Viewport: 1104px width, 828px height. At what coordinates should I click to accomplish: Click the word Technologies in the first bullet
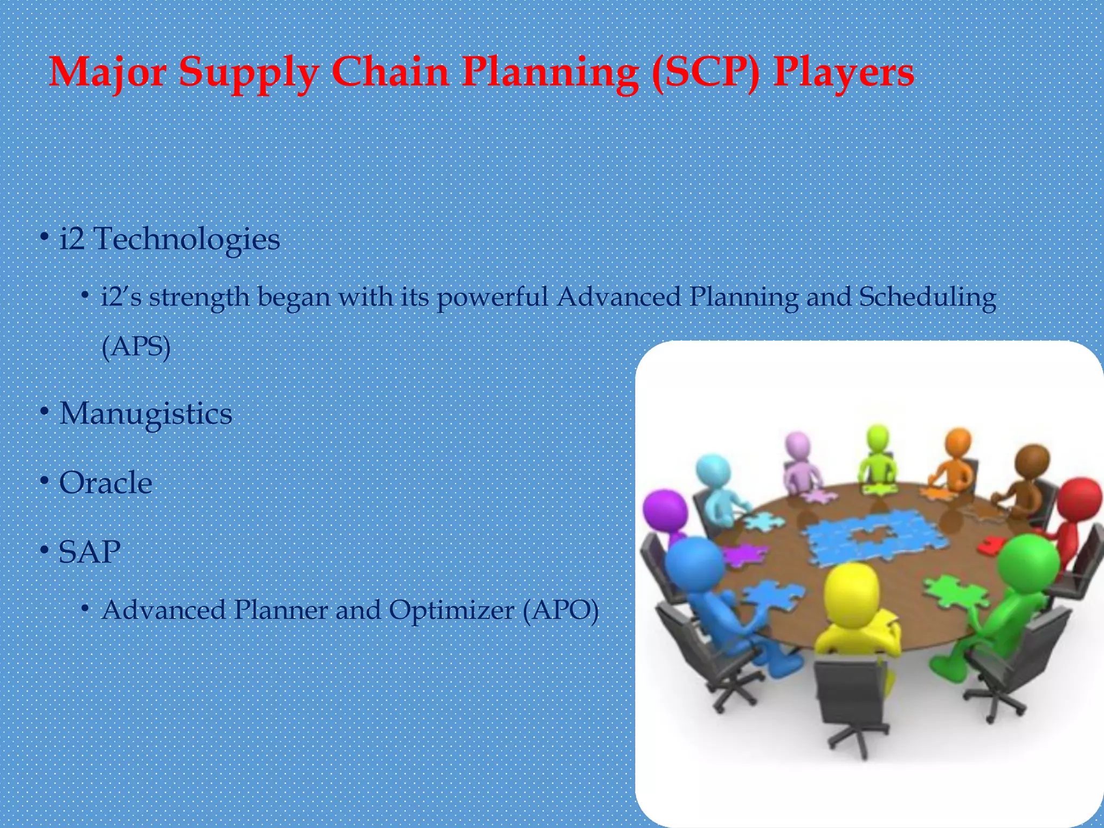pos(187,239)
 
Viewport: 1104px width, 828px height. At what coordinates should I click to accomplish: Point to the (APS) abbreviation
pos(136,346)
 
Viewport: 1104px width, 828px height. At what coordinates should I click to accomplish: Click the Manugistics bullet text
pos(146,414)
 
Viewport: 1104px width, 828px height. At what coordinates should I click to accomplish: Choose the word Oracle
pos(106,482)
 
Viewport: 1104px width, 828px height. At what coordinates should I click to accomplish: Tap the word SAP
pos(89,551)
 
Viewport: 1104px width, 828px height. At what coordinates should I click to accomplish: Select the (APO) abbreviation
pos(561,611)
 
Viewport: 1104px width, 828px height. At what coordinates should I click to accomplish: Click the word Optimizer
pos(452,611)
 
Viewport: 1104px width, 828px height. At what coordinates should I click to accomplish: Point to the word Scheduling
pos(927,298)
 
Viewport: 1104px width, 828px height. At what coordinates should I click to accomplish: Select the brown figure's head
pos(1032,460)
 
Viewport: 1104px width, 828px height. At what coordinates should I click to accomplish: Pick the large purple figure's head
pos(665,509)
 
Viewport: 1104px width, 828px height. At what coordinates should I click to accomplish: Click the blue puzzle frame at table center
pos(873,534)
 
